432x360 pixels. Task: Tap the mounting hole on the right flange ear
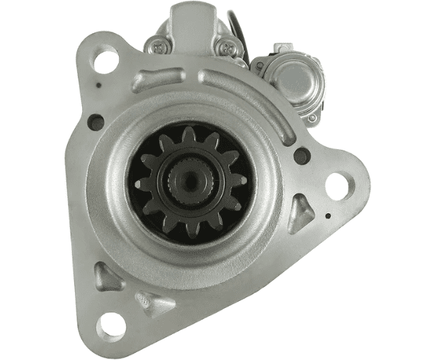(336, 186)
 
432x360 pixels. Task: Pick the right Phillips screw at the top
(230, 48)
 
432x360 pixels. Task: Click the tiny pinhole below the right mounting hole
(328, 215)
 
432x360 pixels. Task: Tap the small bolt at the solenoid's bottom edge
(312, 117)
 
